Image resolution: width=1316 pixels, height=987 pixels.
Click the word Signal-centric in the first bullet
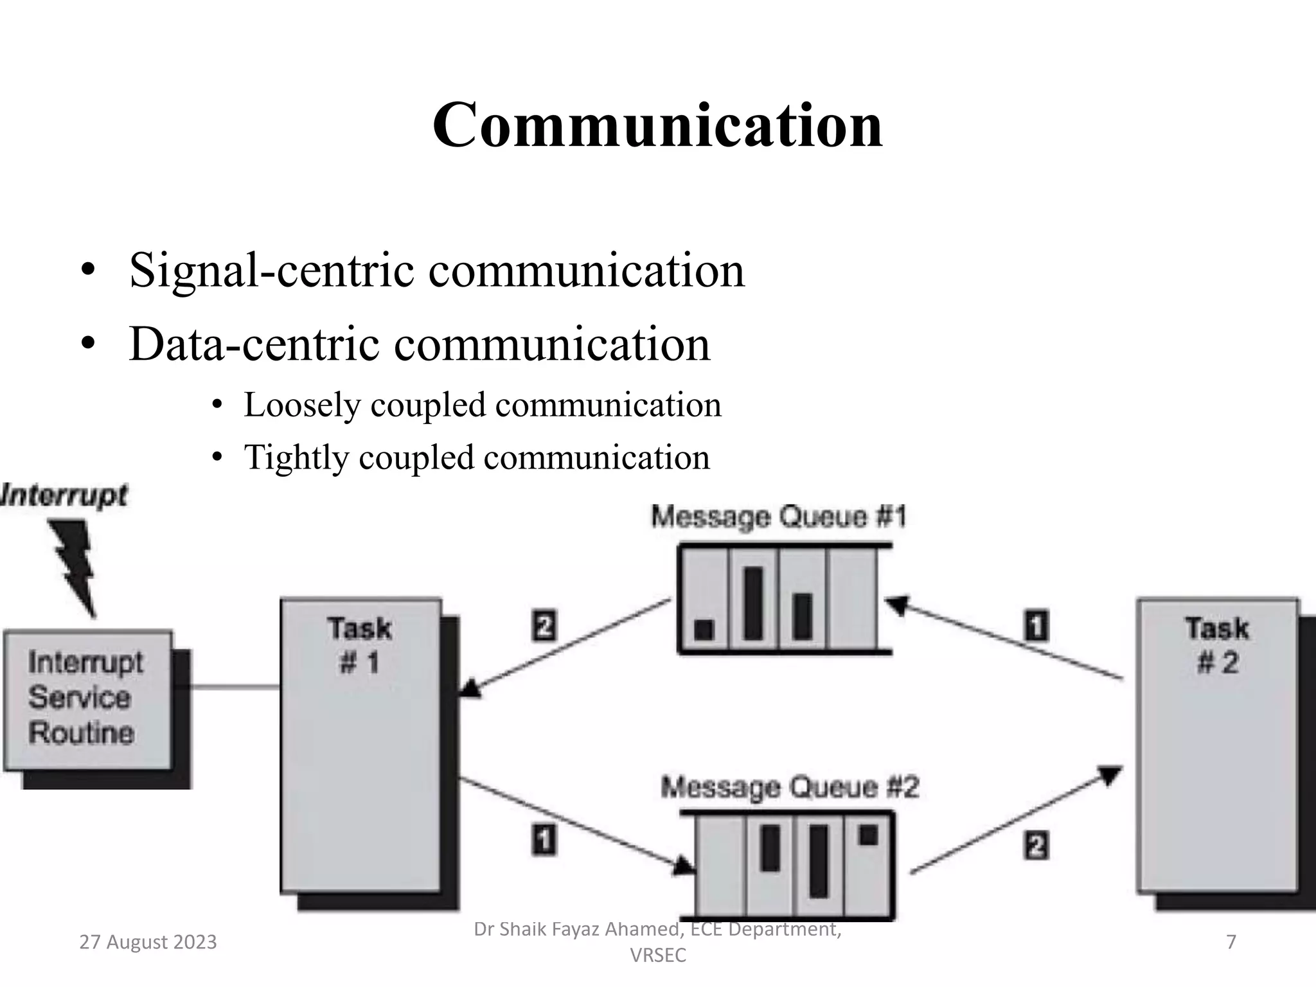tap(273, 270)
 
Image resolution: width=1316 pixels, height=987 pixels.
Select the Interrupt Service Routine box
tap(88, 699)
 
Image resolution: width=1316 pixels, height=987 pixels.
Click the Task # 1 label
tap(359, 645)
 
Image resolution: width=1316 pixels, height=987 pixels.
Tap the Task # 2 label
tap(1217, 645)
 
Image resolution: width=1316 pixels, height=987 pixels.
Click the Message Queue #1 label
tap(778, 517)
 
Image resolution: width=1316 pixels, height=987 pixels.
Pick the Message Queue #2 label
tap(790, 787)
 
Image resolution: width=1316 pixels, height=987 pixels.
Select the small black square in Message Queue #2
tap(868, 835)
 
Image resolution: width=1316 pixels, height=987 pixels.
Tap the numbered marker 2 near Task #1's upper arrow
tap(545, 625)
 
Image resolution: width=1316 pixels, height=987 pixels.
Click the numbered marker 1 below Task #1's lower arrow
tap(544, 840)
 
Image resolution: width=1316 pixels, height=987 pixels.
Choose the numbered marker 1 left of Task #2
tap(1036, 625)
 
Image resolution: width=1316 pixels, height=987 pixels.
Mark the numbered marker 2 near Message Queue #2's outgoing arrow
tap(1036, 845)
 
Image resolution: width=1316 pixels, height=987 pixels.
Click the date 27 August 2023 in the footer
tap(148, 942)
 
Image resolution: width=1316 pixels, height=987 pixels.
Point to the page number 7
tap(1231, 942)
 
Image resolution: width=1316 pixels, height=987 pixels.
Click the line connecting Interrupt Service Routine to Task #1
tap(235, 688)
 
